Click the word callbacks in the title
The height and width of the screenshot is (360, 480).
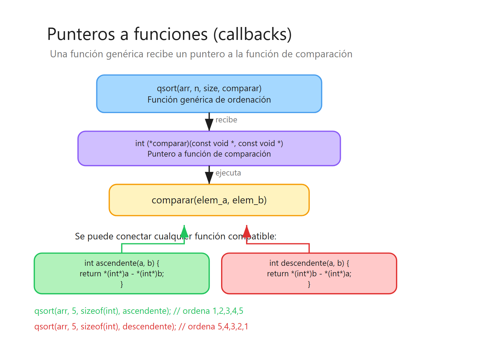click(x=252, y=34)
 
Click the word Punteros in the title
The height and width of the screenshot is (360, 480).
click(x=81, y=34)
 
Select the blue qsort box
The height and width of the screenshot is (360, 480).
click(x=209, y=94)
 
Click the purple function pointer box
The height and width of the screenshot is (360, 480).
click(x=209, y=148)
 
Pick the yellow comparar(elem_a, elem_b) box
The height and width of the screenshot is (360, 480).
click(x=209, y=200)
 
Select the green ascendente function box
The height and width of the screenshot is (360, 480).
click(x=121, y=273)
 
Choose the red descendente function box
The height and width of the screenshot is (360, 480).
click(x=309, y=273)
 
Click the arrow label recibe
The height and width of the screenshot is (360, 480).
click(x=226, y=120)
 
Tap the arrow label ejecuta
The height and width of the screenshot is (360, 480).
click(x=228, y=173)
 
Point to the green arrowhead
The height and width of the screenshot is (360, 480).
click(x=184, y=232)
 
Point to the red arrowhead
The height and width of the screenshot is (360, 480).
click(x=247, y=232)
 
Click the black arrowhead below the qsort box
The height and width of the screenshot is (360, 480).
click(x=209, y=124)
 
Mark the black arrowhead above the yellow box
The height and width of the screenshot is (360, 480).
click(x=209, y=178)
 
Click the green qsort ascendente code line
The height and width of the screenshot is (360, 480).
click(x=139, y=311)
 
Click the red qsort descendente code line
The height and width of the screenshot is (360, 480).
click(x=141, y=326)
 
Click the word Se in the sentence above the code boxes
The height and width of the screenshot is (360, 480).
click(x=80, y=236)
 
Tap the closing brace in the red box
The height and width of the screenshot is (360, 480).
click(x=309, y=284)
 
